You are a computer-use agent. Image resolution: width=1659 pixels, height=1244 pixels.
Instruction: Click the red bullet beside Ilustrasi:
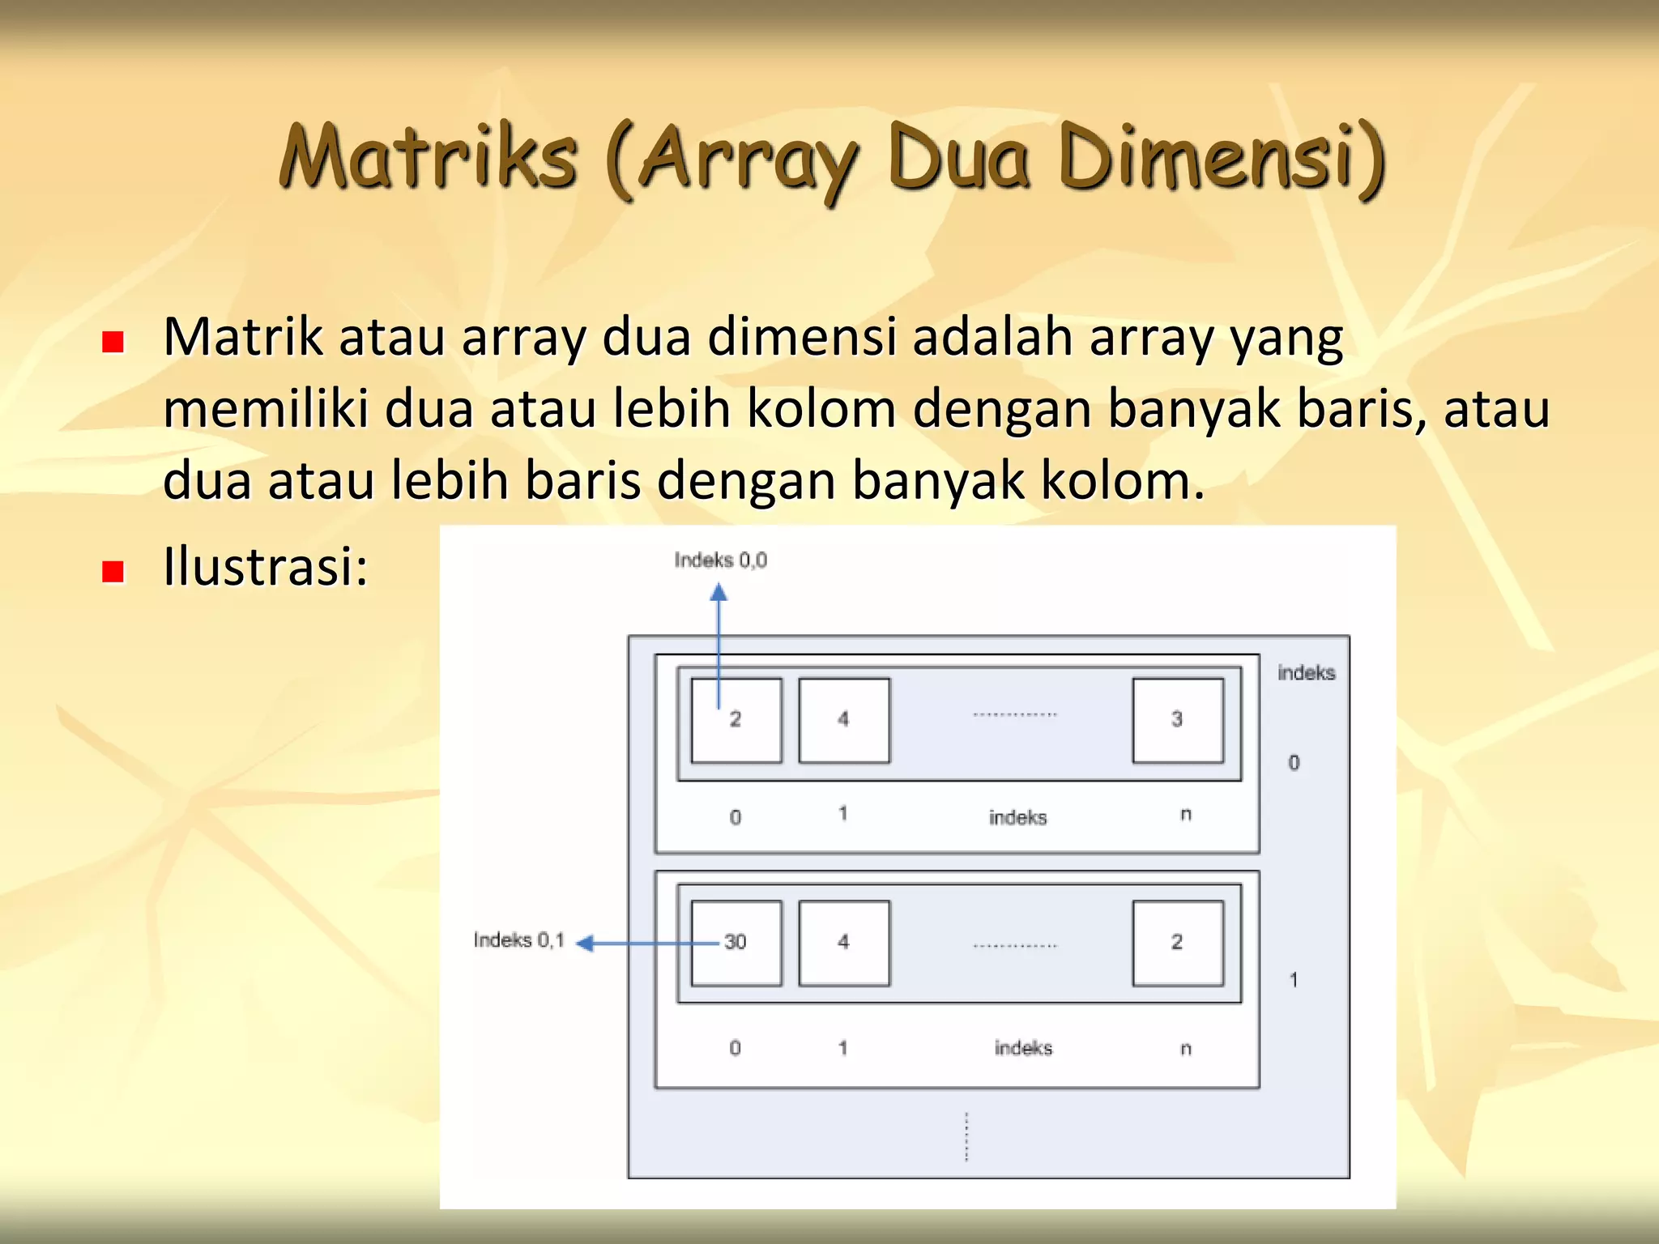tap(113, 572)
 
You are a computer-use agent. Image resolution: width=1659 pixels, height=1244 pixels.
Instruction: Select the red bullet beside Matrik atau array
tap(113, 342)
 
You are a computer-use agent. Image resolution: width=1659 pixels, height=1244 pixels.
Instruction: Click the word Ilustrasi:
tap(266, 566)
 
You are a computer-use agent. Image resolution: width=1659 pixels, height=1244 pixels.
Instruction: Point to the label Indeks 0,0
tap(720, 560)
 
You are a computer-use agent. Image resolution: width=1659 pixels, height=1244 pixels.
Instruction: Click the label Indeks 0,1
tap(518, 940)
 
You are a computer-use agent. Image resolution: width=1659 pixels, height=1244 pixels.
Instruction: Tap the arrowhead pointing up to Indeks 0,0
tap(719, 594)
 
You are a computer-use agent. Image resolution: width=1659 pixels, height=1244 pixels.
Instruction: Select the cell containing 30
tap(736, 943)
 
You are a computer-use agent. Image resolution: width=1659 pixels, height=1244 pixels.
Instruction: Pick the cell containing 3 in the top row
tap(1177, 720)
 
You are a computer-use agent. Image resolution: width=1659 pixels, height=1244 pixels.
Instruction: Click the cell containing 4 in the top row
tap(843, 720)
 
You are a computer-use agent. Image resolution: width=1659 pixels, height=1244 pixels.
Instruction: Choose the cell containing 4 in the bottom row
tap(843, 943)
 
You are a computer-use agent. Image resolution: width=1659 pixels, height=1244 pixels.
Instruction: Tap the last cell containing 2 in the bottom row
tap(1177, 943)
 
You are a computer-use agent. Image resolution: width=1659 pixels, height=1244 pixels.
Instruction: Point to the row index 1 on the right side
tap(1294, 980)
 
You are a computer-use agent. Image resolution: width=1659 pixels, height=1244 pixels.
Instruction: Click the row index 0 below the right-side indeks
tap(1294, 763)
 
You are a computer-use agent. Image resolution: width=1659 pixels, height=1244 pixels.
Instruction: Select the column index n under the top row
tap(1186, 815)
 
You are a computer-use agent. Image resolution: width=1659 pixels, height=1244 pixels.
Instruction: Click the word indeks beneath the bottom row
tap(1023, 1048)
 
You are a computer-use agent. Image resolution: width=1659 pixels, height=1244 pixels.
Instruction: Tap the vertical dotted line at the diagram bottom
tap(966, 1136)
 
